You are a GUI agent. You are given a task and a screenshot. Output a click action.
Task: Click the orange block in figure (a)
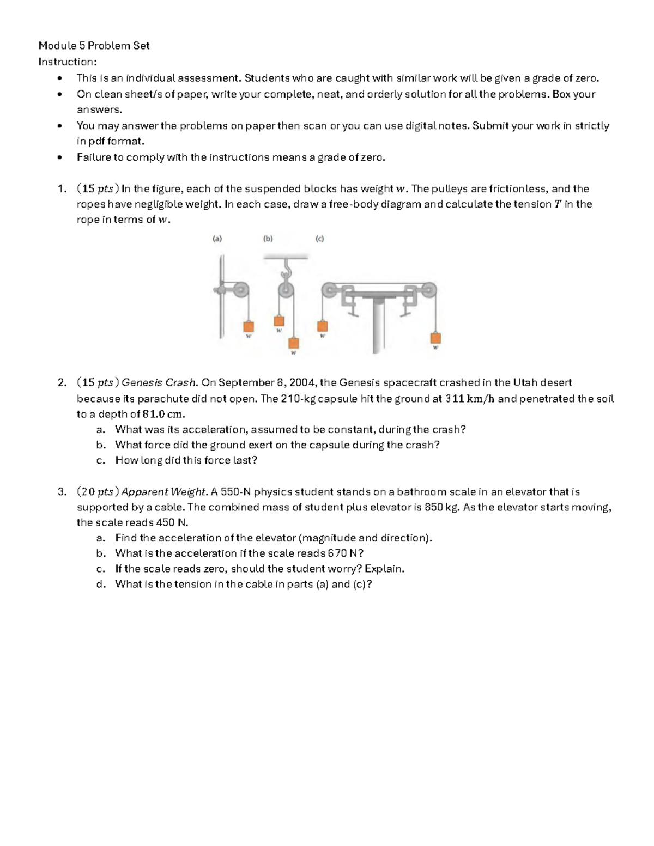tap(248, 326)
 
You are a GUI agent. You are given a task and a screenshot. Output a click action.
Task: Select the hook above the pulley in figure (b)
tap(283, 269)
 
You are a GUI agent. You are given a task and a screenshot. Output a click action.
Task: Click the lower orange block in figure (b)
tap(294, 343)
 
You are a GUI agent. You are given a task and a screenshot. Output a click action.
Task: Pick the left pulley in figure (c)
tap(330, 290)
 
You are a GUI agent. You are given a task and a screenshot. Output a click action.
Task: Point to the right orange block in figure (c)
tap(435, 337)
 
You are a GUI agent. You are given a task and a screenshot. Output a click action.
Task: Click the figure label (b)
tap(268, 239)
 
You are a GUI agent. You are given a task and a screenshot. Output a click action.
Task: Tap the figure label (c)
tap(319, 239)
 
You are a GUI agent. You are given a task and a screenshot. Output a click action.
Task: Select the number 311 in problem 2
tap(455, 399)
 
